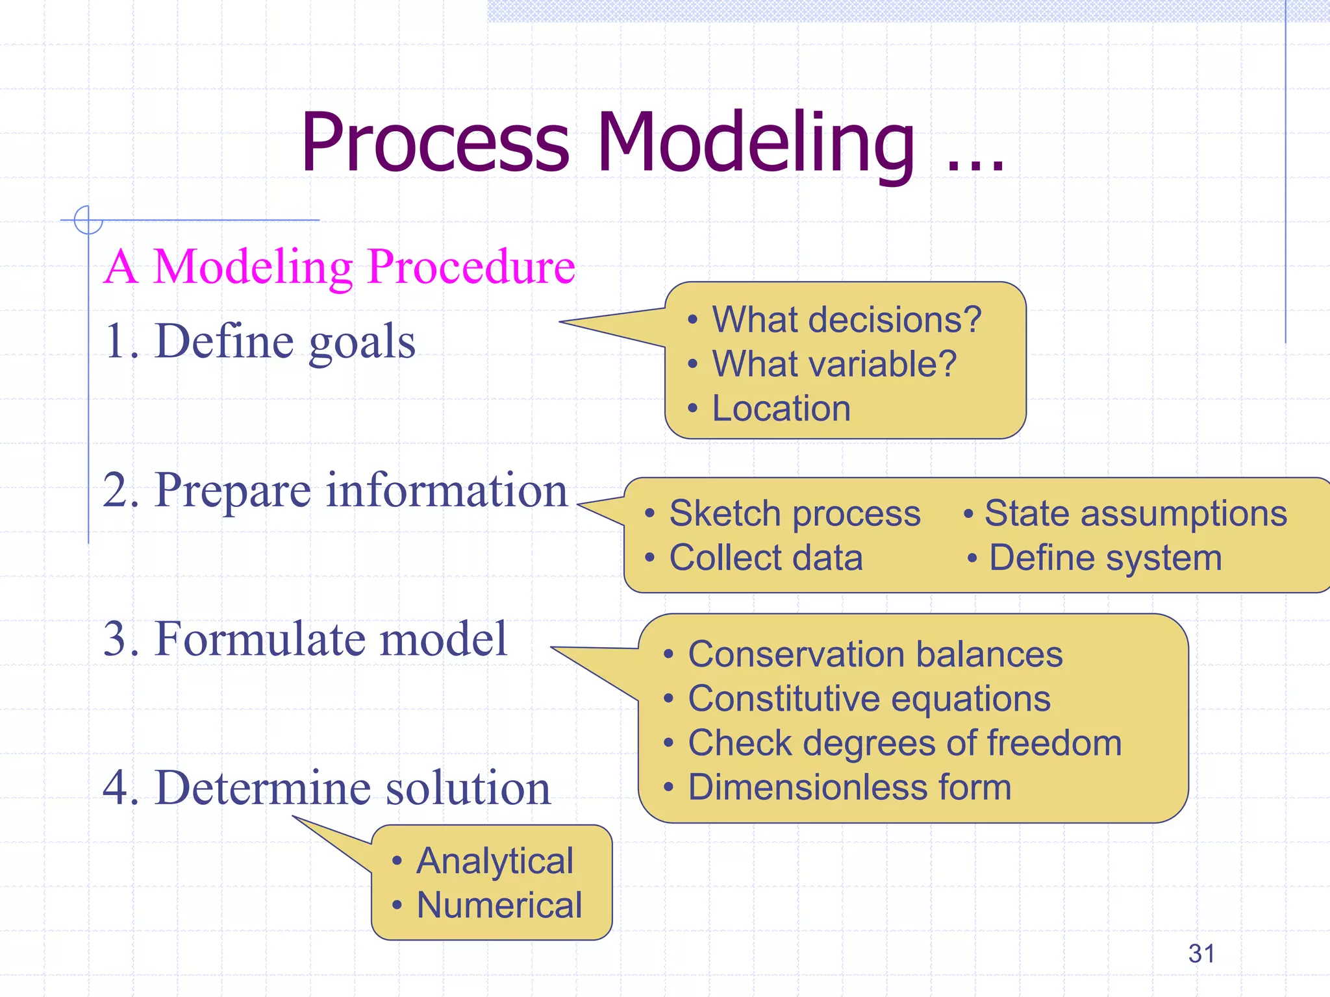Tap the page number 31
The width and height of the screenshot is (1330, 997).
pyautogui.click(x=1201, y=954)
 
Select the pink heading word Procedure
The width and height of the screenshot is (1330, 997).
pyautogui.click(x=471, y=267)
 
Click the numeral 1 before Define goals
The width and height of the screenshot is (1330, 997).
pyautogui.click(x=116, y=342)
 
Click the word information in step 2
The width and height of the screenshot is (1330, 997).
pyautogui.click(x=447, y=491)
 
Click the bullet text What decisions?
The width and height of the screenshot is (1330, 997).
pyautogui.click(x=846, y=319)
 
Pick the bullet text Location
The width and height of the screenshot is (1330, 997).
pyautogui.click(x=781, y=408)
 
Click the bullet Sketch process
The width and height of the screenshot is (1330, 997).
pyautogui.click(x=794, y=513)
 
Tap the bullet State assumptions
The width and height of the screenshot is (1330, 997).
pyautogui.click(x=1135, y=513)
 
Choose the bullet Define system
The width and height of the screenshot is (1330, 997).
pyautogui.click(x=1105, y=558)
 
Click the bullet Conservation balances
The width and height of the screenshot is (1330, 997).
pyautogui.click(x=875, y=654)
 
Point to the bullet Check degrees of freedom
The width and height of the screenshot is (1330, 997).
pyautogui.click(x=904, y=743)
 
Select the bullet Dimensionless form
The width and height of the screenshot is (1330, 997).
pyautogui.click(x=849, y=787)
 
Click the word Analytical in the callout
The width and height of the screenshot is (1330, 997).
pyautogui.click(x=495, y=861)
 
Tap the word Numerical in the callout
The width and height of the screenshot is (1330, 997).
pyautogui.click(x=499, y=905)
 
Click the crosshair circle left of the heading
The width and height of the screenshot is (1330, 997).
pyautogui.click(x=88, y=220)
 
